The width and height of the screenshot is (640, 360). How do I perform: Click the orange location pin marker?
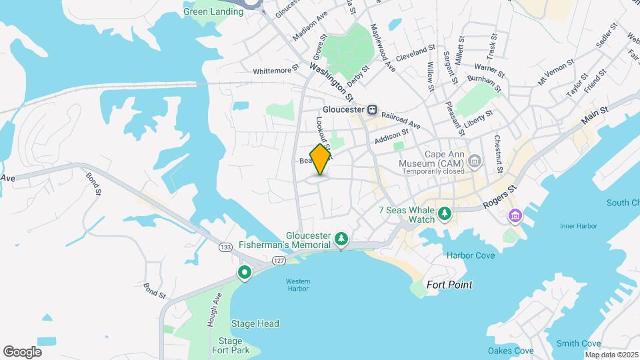(x=321, y=159)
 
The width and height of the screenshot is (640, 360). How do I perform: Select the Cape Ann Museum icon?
(x=474, y=160)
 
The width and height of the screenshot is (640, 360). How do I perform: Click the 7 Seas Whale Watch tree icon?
(x=445, y=215)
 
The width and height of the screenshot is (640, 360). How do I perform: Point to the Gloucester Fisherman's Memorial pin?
(x=341, y=239)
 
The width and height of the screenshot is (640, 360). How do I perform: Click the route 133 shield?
(x=225, y=248)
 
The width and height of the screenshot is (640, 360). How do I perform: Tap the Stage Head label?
(x=255, y=324)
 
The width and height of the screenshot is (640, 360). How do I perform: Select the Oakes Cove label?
(x=511, y=351)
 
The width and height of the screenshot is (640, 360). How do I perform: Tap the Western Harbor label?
(x=297, y=285)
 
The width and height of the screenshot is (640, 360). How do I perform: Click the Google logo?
(x=22, y=351)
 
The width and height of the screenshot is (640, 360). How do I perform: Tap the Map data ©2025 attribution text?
(x=611, y=355)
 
